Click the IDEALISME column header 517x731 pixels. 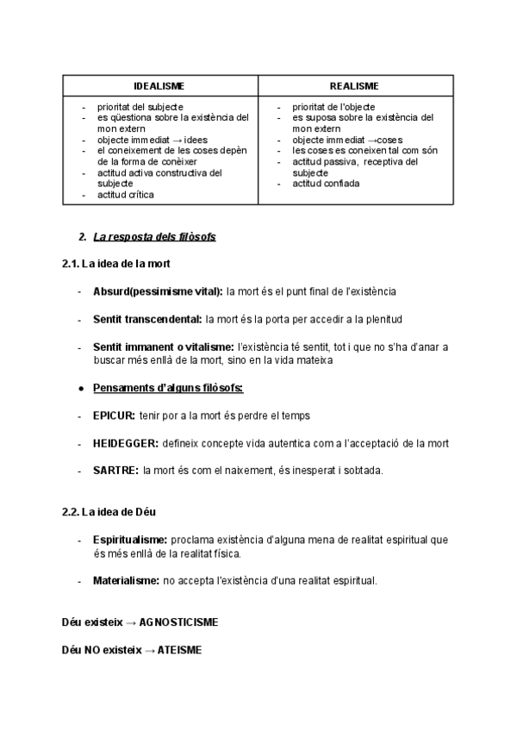pos(159,86)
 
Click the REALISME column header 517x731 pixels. pos(354,86)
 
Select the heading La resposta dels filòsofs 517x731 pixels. pos(154,236)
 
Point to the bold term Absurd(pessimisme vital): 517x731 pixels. pos(159,292)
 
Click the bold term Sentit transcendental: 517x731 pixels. pos(147,319)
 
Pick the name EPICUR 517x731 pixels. pos(114,415)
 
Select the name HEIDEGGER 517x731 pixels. pos(126,443)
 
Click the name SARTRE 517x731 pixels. pos(116,471)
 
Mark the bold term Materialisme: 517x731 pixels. pos(126,581)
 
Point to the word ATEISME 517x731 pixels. pos(179,650)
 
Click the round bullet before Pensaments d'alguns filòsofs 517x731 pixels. pos(80,388)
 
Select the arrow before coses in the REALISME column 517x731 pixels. pos(372,140)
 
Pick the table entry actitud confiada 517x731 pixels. pos(326,184)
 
